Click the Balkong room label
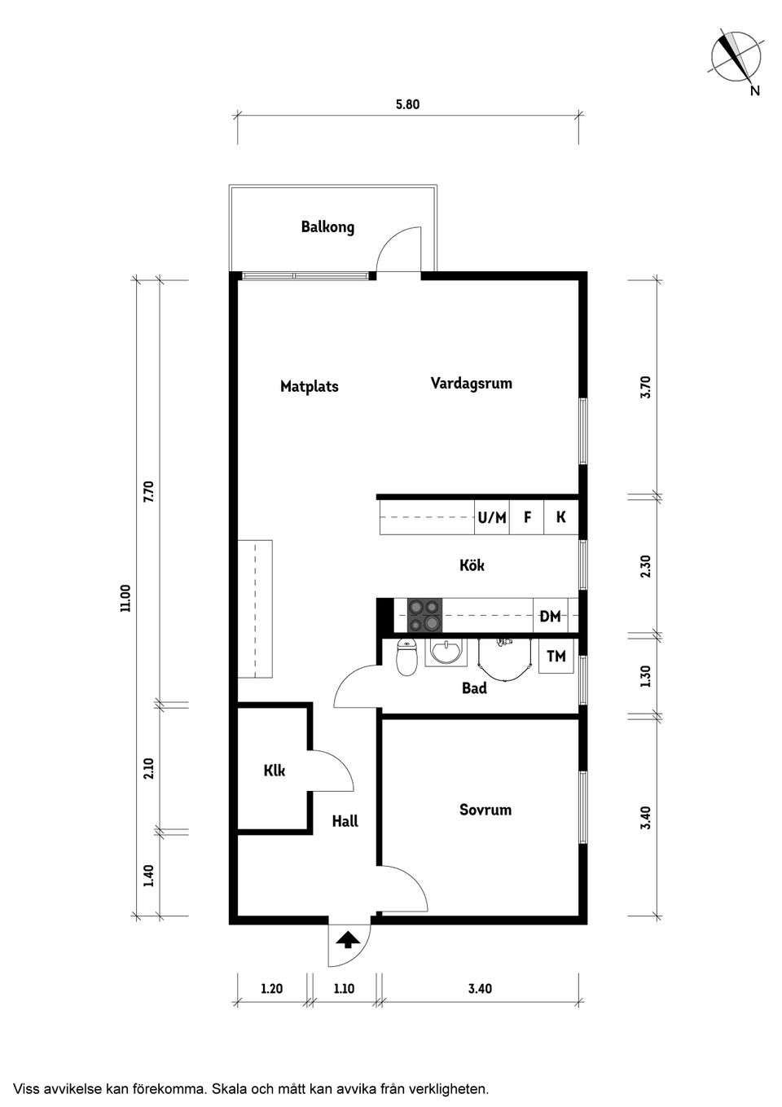coord(327,226)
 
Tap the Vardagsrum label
coord(471,383)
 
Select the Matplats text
coord(310,386)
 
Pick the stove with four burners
coord(424,615)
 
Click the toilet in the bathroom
coord(407,657)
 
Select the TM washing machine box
coord(556,656)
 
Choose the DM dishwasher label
coord(550,617)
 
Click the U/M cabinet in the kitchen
coord(492,517)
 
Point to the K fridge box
coord(561,517)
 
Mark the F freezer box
coord(527,517)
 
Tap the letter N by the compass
coord(755,91)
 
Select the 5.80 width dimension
coord(408,104)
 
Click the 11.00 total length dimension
coord(125,599)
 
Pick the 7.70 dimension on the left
coord(149,492)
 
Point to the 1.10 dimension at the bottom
coord(344,988)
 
